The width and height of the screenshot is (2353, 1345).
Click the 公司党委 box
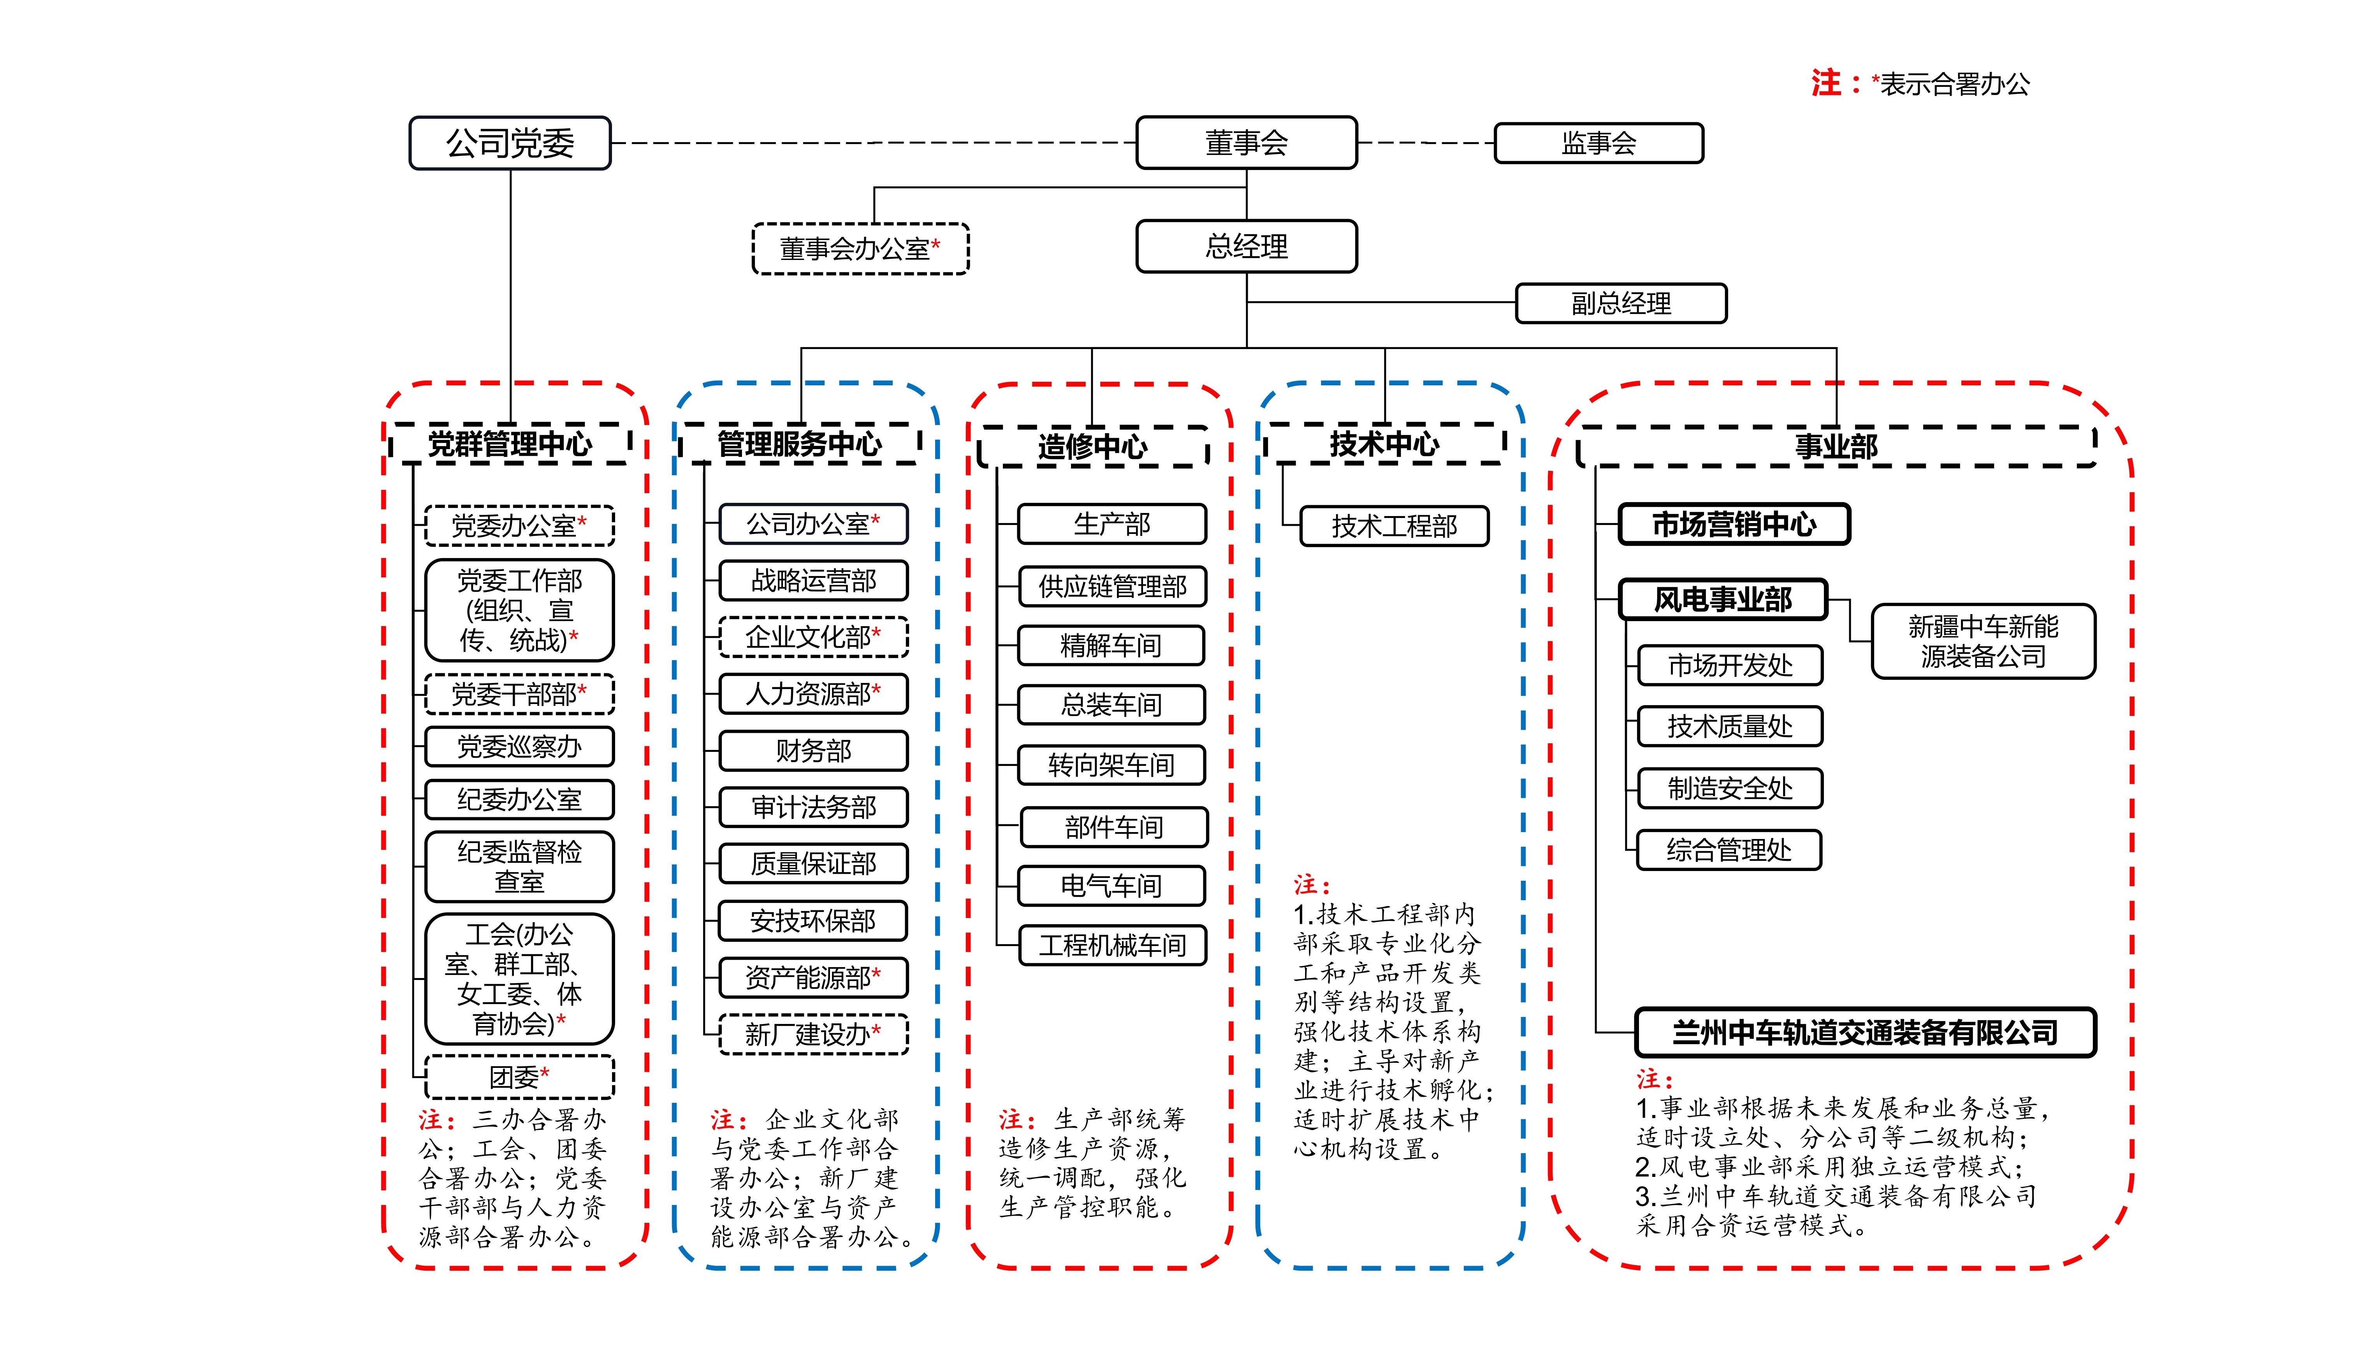tap(510, 143)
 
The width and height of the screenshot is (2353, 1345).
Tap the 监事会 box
tap(1598, 143)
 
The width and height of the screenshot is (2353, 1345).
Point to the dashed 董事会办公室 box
tap(860, 249)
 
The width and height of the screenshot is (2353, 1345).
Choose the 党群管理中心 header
tap(510, 444)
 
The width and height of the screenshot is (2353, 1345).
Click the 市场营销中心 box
tap(1734, 525)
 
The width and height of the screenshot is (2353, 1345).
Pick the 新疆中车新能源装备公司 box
tap(1982, 642)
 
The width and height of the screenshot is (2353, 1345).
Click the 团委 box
tap(519, 1077)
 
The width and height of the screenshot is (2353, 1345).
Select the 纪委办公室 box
tap(519, 800)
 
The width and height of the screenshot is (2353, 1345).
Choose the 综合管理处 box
tap(1729, 850)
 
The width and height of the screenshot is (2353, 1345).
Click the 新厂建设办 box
tap(813, 1034)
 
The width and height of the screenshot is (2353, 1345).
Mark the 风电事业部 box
tap(1723, 599)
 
